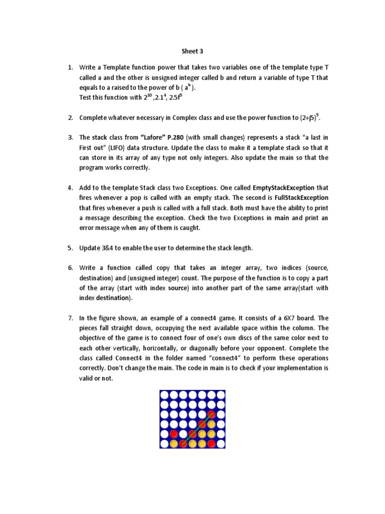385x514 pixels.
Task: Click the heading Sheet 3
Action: tap(192, 51)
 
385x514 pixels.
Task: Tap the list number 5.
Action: tap(70, 248)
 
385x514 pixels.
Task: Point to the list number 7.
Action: tap(70, 318)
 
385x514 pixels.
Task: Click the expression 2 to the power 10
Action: tap(147, 97)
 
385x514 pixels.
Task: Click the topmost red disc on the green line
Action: tap(212, 415)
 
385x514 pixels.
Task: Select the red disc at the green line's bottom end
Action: tap(183, 443)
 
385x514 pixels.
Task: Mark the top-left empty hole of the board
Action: tap(164, 396)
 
